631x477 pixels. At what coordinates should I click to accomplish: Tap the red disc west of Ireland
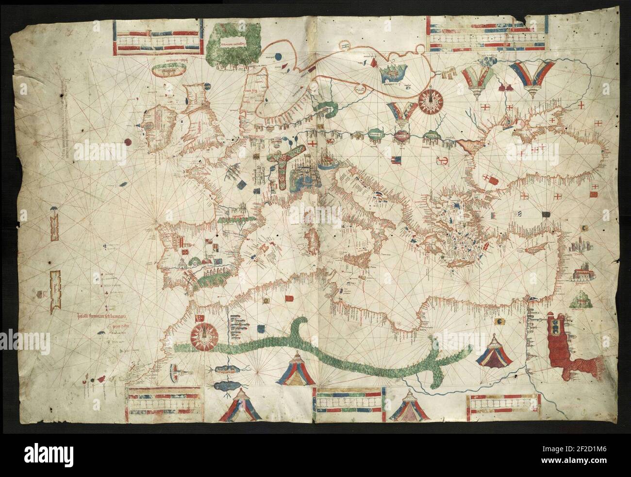[127, 142]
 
